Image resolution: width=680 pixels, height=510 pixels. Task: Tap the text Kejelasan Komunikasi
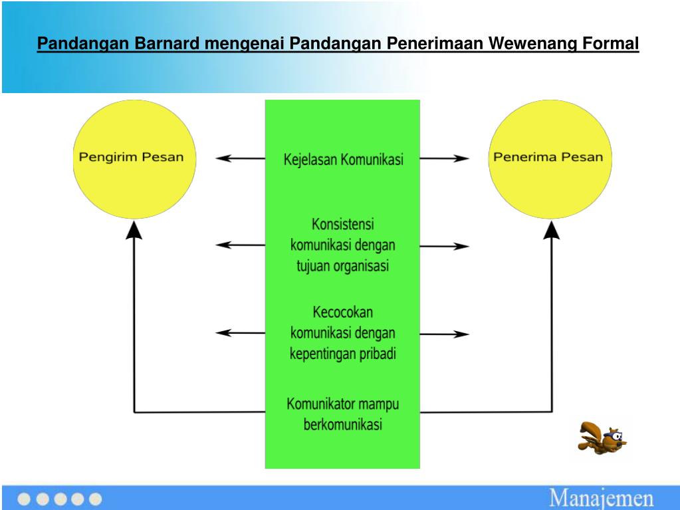[343, 160]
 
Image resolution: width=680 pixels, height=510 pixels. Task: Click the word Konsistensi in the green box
[343, 223]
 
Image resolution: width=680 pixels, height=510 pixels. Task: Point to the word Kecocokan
[343, 311]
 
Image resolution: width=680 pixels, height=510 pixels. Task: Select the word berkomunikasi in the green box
[343, 424]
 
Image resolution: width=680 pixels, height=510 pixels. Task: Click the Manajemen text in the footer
[601, 498]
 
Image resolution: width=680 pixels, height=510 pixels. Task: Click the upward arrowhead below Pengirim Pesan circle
[134, 230]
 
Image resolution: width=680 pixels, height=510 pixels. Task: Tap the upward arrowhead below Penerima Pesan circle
[551, 230]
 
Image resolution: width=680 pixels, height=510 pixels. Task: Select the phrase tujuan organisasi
[343, 266]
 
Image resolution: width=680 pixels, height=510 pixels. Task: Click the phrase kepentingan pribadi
[343, 354]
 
